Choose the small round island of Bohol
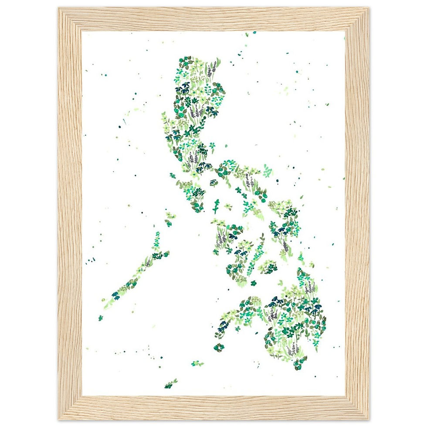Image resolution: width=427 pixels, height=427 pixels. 268,267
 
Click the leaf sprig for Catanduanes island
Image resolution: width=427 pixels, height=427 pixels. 267,170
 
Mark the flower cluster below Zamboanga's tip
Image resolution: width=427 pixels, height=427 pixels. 219,347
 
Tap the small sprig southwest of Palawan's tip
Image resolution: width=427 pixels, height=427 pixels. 101,318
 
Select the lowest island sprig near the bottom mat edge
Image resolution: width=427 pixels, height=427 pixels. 171,383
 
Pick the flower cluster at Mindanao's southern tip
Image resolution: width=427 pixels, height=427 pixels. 299,363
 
